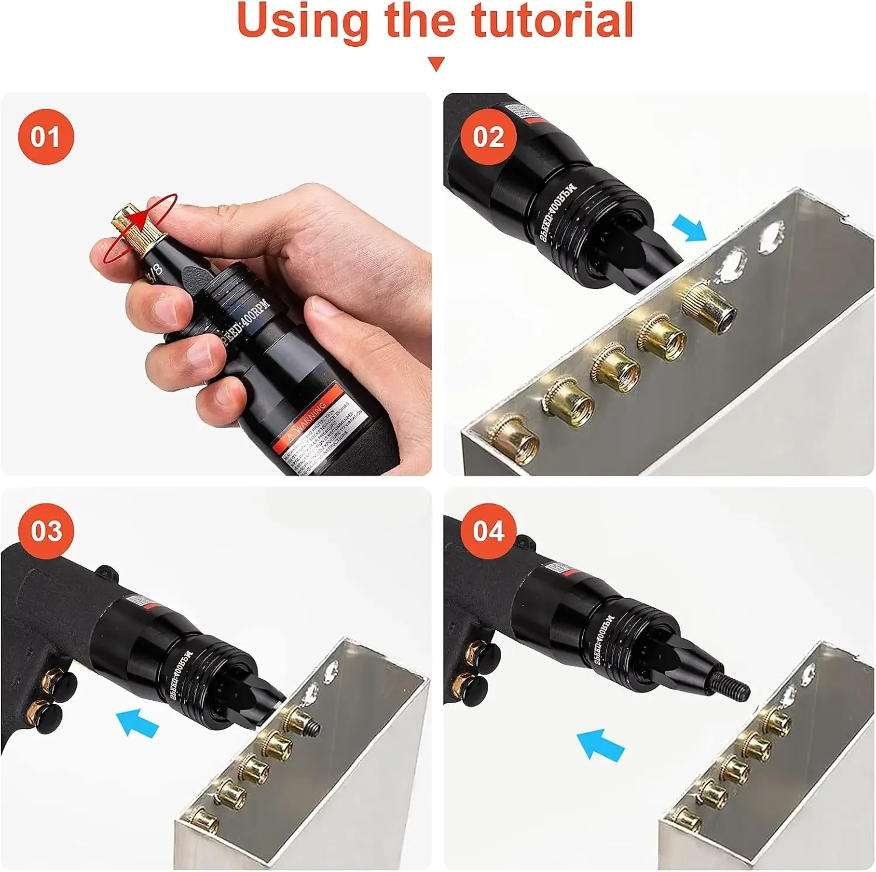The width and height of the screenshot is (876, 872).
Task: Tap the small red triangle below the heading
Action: click(436, 63)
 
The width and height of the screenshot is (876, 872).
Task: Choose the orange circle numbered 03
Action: click(47, 531)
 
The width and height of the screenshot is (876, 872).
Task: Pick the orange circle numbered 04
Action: click(488, 531)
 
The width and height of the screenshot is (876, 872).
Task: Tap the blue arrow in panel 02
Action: click(689, 227)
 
